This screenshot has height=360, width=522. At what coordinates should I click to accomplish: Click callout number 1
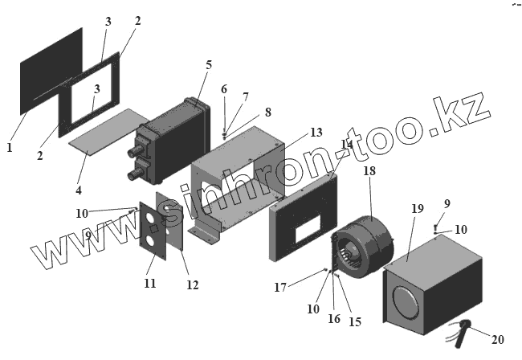10,148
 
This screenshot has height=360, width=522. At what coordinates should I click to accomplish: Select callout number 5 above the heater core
208,64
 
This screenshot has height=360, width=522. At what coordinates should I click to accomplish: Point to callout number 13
316,132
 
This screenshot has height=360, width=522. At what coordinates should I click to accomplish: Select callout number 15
354,321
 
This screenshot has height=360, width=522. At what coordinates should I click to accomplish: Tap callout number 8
267,112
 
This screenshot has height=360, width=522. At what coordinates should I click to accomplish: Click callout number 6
224,88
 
